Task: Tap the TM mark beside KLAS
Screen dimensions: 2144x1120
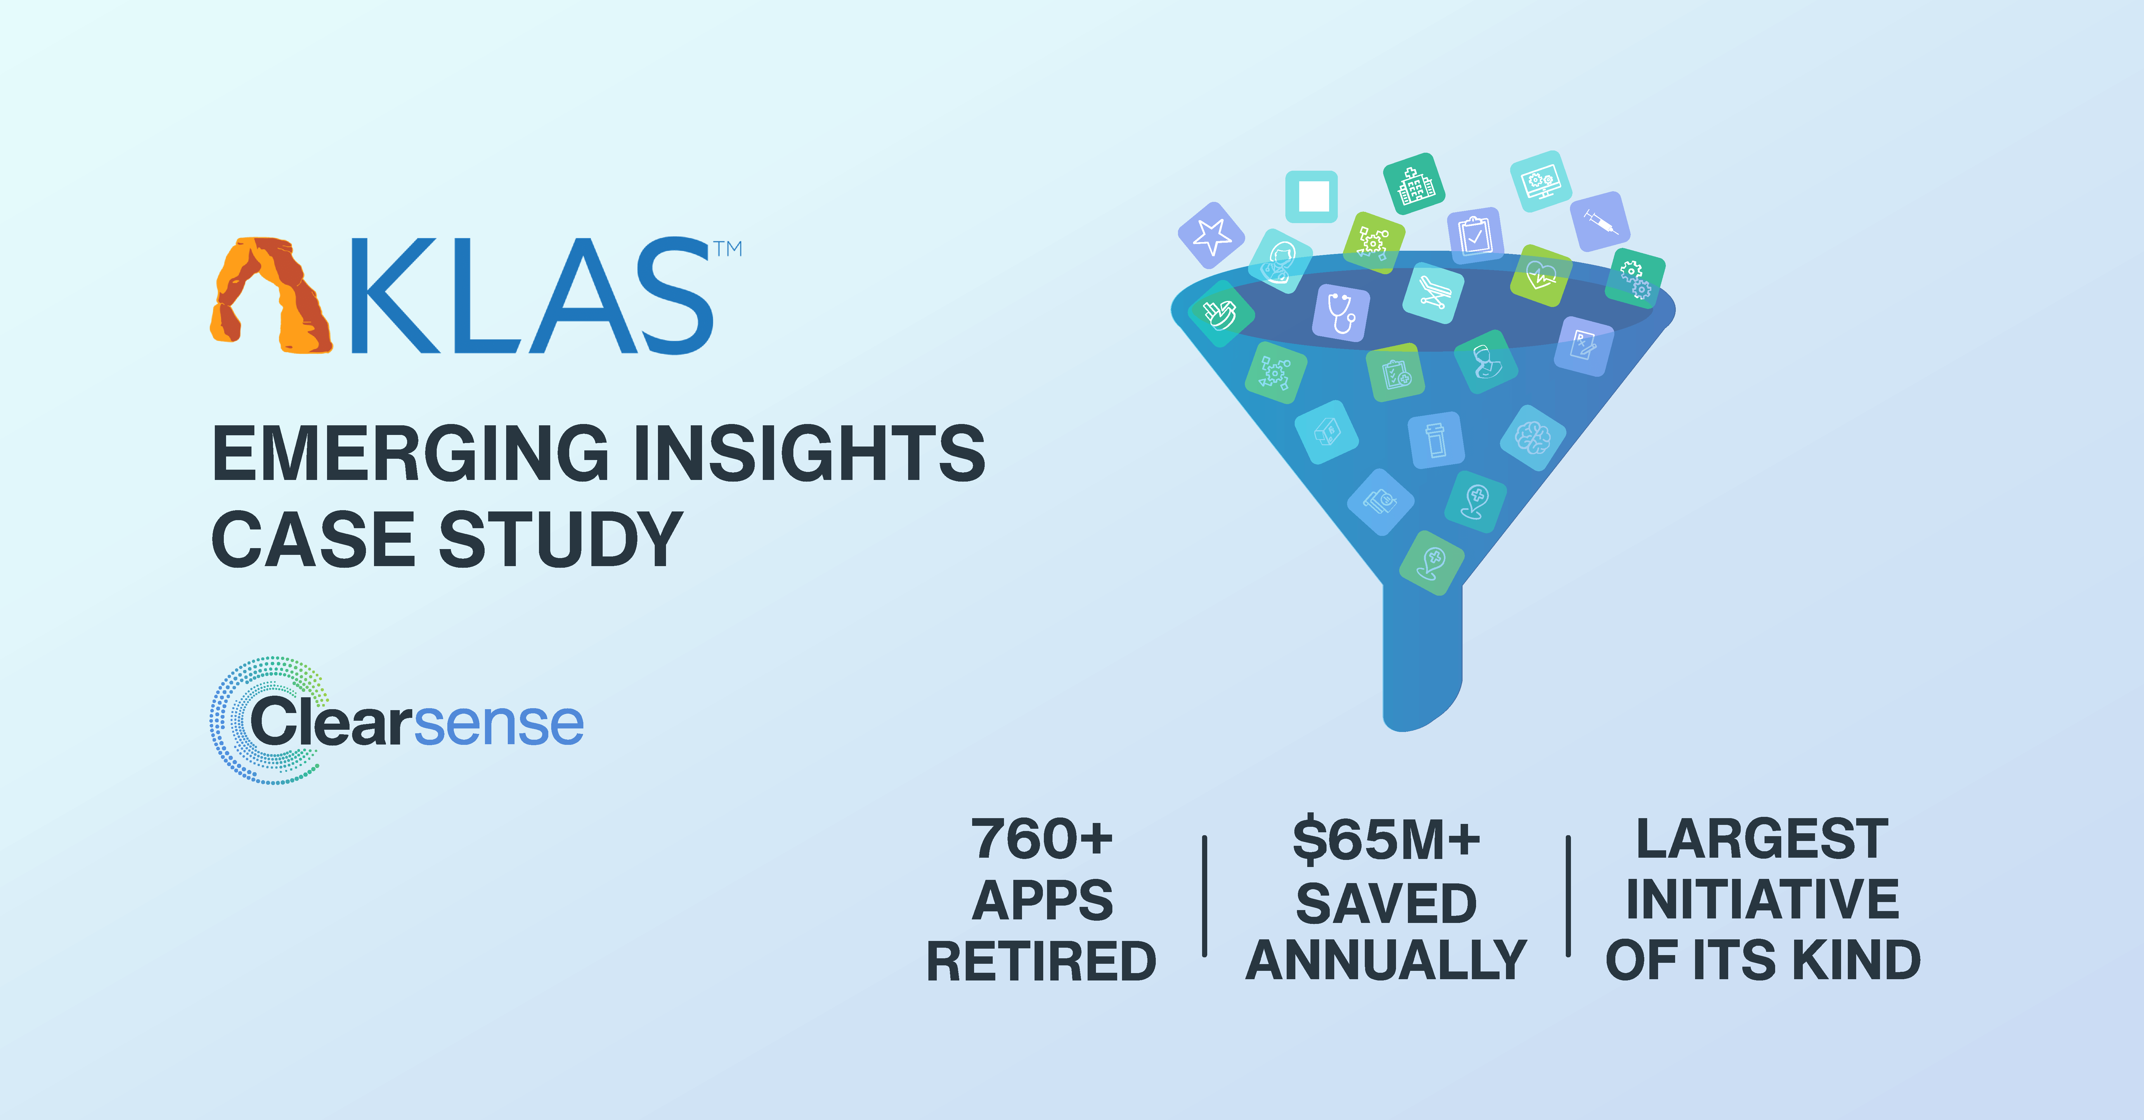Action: [x=727, y=249]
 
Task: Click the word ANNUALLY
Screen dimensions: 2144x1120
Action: [x=1387, y=961]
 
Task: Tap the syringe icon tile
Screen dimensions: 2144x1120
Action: [x=1600, y=221]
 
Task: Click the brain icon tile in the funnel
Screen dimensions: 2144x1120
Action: [x=1532, y=438]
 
